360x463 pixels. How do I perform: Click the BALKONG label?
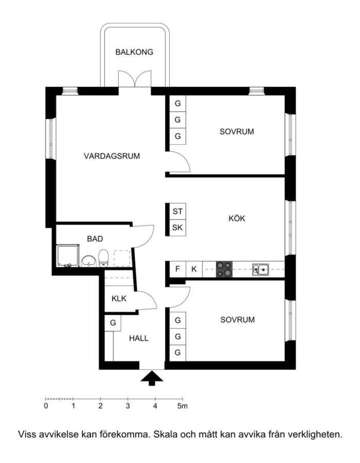pyautogui.click(x=134, y=52)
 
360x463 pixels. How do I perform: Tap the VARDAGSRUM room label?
pyautogui.click(x=112, y=156)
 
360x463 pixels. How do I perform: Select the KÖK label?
pyautogui.click(x=237, y=218)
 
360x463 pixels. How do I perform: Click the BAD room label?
pyautogui.click(x=95, y=239)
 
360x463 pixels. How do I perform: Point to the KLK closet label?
pyautogui.click(x=119, y=298)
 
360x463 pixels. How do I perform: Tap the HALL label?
pyautogui.click(x=139, y=338)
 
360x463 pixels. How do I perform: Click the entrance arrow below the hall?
pyautogui.click(x=152, y=379)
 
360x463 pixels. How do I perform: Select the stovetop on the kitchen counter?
pyautogui.click(x=224, y=269)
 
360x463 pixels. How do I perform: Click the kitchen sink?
pyautogui.click(x=261, y=270)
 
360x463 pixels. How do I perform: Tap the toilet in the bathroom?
pyautogui.click(x=103, y=258)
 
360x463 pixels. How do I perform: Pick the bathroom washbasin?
pyautogui.click(x=88, y=261)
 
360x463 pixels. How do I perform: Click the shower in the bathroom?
pyautogui.click(x=68, y=256)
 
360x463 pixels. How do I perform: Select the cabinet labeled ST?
pyautogui.click(x=177, y=211)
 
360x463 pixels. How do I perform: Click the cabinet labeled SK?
pyautogui.click(x=177, y=228)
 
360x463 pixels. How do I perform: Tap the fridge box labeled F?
pyautogui.click(x=177, y=269)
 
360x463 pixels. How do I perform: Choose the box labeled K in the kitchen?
pyautogui.click(x=194, y=269)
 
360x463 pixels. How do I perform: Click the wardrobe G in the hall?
pyautogui.click(x=113, y=323)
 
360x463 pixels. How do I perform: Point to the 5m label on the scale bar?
pyautogui.click(x=183, y=406)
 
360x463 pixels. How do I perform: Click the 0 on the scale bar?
pyautogui.click(x=46, y=406)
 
